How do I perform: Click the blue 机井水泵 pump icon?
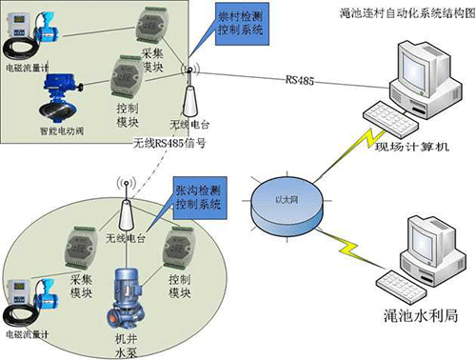click(x=125, y=291)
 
